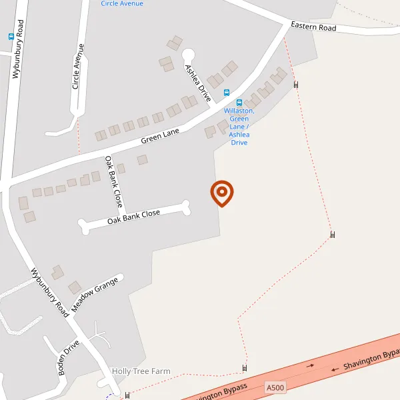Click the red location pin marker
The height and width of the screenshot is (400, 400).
point(222,193)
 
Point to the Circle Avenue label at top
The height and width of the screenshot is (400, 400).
point(122,3)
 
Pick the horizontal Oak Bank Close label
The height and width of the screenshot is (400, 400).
point(133,216)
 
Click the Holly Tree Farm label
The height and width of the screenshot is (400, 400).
point(141,371)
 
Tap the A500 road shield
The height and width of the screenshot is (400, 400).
point(275,387)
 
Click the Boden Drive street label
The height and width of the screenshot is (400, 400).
point(69,358)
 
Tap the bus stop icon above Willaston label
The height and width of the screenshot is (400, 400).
point(239,103)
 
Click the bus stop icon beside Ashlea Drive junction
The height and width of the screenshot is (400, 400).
point(227,93)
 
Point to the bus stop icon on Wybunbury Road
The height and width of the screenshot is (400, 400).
point(11,37)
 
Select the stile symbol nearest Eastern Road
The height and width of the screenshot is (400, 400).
point(296,84)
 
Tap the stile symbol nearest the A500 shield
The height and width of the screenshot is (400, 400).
point(245,368)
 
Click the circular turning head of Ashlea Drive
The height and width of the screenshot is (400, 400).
point(189,54)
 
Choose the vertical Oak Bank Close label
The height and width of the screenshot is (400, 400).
point(113,181)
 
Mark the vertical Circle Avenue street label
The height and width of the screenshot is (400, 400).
point(79,67)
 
